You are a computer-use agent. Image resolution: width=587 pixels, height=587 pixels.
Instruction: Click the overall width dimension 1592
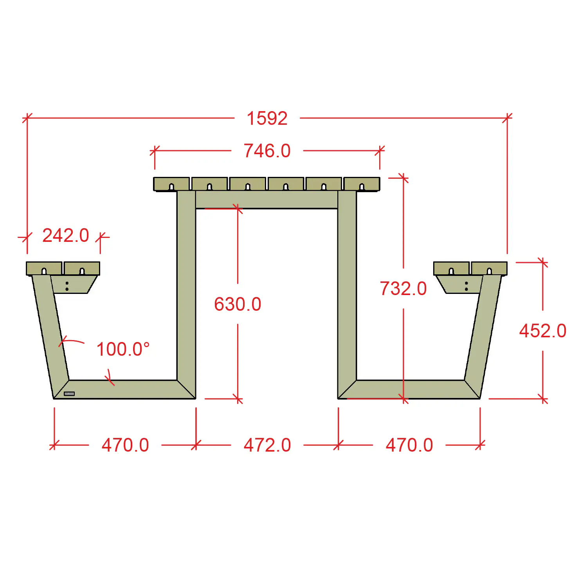pos(267,118)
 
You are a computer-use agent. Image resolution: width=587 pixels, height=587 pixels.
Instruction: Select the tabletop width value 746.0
pos(267,151)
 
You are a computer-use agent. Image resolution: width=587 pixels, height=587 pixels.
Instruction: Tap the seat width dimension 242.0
pos(66,236)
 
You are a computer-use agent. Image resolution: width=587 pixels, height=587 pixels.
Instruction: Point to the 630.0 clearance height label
pos(238,304)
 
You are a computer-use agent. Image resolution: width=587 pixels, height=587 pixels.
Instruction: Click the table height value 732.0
pos(403,289)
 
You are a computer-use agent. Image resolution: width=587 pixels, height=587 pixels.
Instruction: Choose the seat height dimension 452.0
pos(542,331)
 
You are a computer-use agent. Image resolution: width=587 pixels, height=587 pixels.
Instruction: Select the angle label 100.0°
pos(123,349)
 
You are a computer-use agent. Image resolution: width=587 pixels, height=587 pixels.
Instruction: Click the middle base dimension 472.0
pos(267,445)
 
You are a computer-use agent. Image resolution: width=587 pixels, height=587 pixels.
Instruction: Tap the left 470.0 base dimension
pos(125,445)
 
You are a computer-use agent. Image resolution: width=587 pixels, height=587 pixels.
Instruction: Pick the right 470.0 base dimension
pos(409,445)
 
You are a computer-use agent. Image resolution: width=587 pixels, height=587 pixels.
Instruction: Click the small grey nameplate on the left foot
pos(69,394)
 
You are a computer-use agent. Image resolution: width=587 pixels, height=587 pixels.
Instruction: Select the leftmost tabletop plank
pos(171,184)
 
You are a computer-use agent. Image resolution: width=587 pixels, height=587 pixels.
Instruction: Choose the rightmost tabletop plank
pos(362,184)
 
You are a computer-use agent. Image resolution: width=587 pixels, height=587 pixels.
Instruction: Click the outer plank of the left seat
pos(44,268)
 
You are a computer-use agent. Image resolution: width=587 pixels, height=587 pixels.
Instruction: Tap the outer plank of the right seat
pos(489,268)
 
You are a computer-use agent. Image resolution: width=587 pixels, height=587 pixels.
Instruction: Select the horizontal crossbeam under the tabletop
pos(266,200)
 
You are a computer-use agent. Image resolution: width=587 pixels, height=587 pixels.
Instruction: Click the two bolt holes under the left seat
pos(67,286)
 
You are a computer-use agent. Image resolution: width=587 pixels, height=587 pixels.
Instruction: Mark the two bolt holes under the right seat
pos(466,286)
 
